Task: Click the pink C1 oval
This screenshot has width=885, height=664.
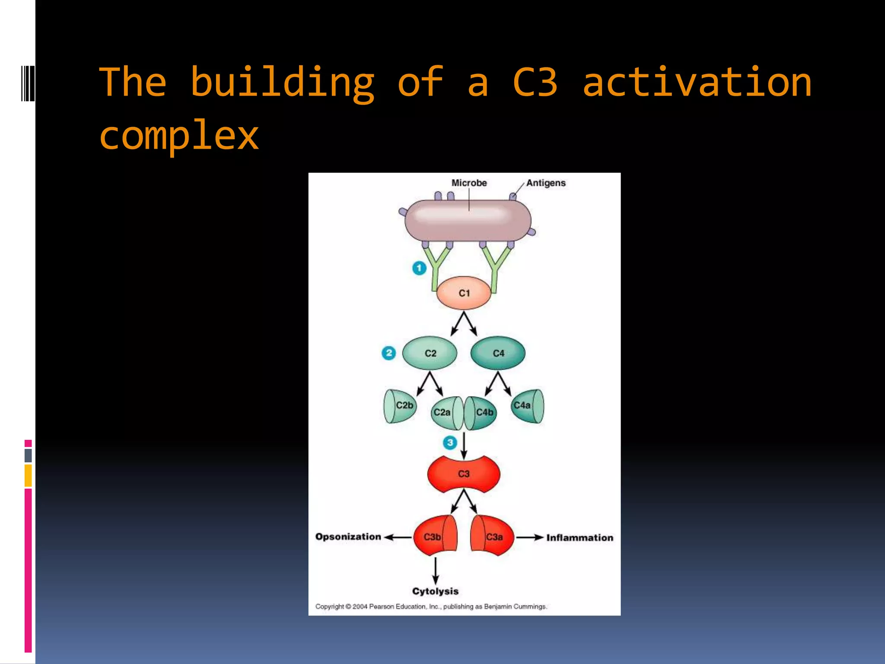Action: point(464,293)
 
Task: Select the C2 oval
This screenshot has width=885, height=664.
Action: point(430,353)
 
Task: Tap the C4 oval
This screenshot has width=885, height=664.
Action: point(498,353)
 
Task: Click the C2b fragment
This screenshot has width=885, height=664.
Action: point(401,406)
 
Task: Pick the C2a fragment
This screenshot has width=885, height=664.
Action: point(445,413)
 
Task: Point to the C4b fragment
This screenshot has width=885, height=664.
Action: point(482,413)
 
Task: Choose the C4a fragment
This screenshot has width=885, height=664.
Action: point(526,405)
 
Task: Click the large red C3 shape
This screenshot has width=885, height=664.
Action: point(464,474)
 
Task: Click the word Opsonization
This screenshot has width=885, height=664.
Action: point(348,536)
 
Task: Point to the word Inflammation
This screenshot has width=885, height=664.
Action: point(579,538)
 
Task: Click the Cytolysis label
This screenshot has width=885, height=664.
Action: point(435,591)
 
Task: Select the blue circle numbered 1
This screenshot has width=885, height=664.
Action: point(419,268)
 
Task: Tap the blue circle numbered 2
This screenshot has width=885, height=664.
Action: point(388,353)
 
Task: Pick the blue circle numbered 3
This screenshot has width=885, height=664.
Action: point(450,442)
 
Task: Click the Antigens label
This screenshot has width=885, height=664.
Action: point(546,183)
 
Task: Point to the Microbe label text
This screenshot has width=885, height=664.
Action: point(469,183)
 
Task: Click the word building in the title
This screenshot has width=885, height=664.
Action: point(282,82)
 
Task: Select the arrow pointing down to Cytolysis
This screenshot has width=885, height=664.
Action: point(436,571)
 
